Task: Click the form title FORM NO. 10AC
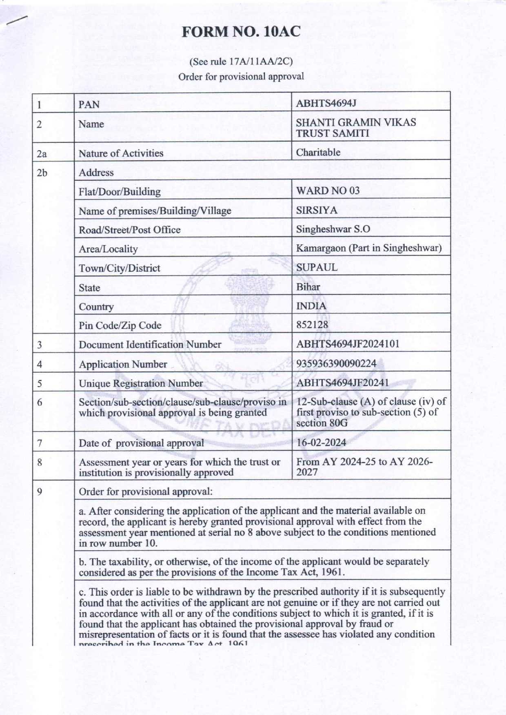(x=241, y=32)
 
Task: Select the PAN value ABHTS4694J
(x=326, y=103)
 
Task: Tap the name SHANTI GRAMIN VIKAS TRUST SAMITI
(x=355, y=128)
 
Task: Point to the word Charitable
(x=318, y=153)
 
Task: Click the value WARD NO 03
(x=327, y=190)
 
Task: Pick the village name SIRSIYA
(x=317, y=210)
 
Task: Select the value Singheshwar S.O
(x=333, y=229)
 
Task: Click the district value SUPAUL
(x=317, y=267)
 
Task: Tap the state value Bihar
(x=308, y=287)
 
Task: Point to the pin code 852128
(x=312, y=325)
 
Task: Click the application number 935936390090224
(x=336, y=363)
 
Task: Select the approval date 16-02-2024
(x=321, y=443)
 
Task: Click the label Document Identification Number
(x=150, y=345)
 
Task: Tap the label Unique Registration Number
(x=140, y=383)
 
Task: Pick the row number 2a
(x=42, y=154)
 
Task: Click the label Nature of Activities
(x=121, y=153)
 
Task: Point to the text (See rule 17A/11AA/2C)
(x=241, y=62)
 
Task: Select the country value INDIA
(x=311, y=306)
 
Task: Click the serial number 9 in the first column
(x=40, y=491)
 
